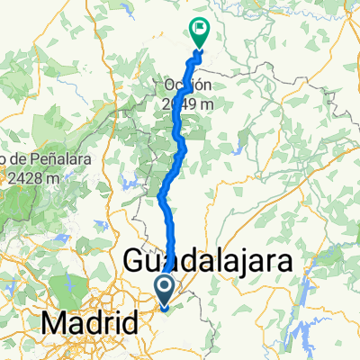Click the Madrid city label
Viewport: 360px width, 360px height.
pos(88,320)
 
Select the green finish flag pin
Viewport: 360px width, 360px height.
pos(198,32)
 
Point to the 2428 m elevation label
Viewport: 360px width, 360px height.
pos(26,177)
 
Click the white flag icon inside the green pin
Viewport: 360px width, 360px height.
pos(198,30)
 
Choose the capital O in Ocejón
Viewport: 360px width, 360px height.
pos(169,85)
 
